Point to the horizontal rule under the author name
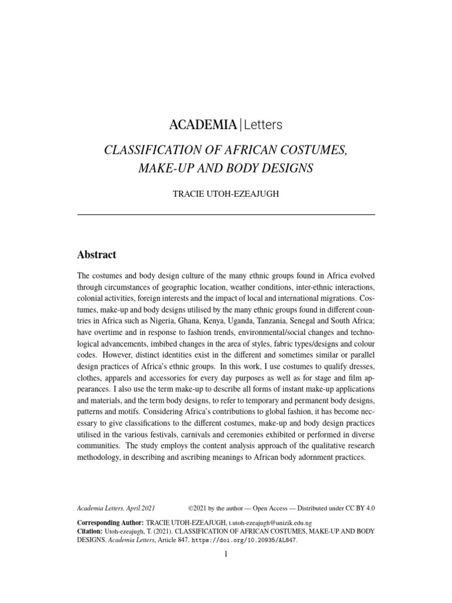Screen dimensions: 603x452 pos(226,215)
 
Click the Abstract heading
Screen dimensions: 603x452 pos(97,255)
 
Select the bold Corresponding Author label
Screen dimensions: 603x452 pos(110,522)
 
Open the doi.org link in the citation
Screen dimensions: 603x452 pos(247,539)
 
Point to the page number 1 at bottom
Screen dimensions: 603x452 pos(226,555)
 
